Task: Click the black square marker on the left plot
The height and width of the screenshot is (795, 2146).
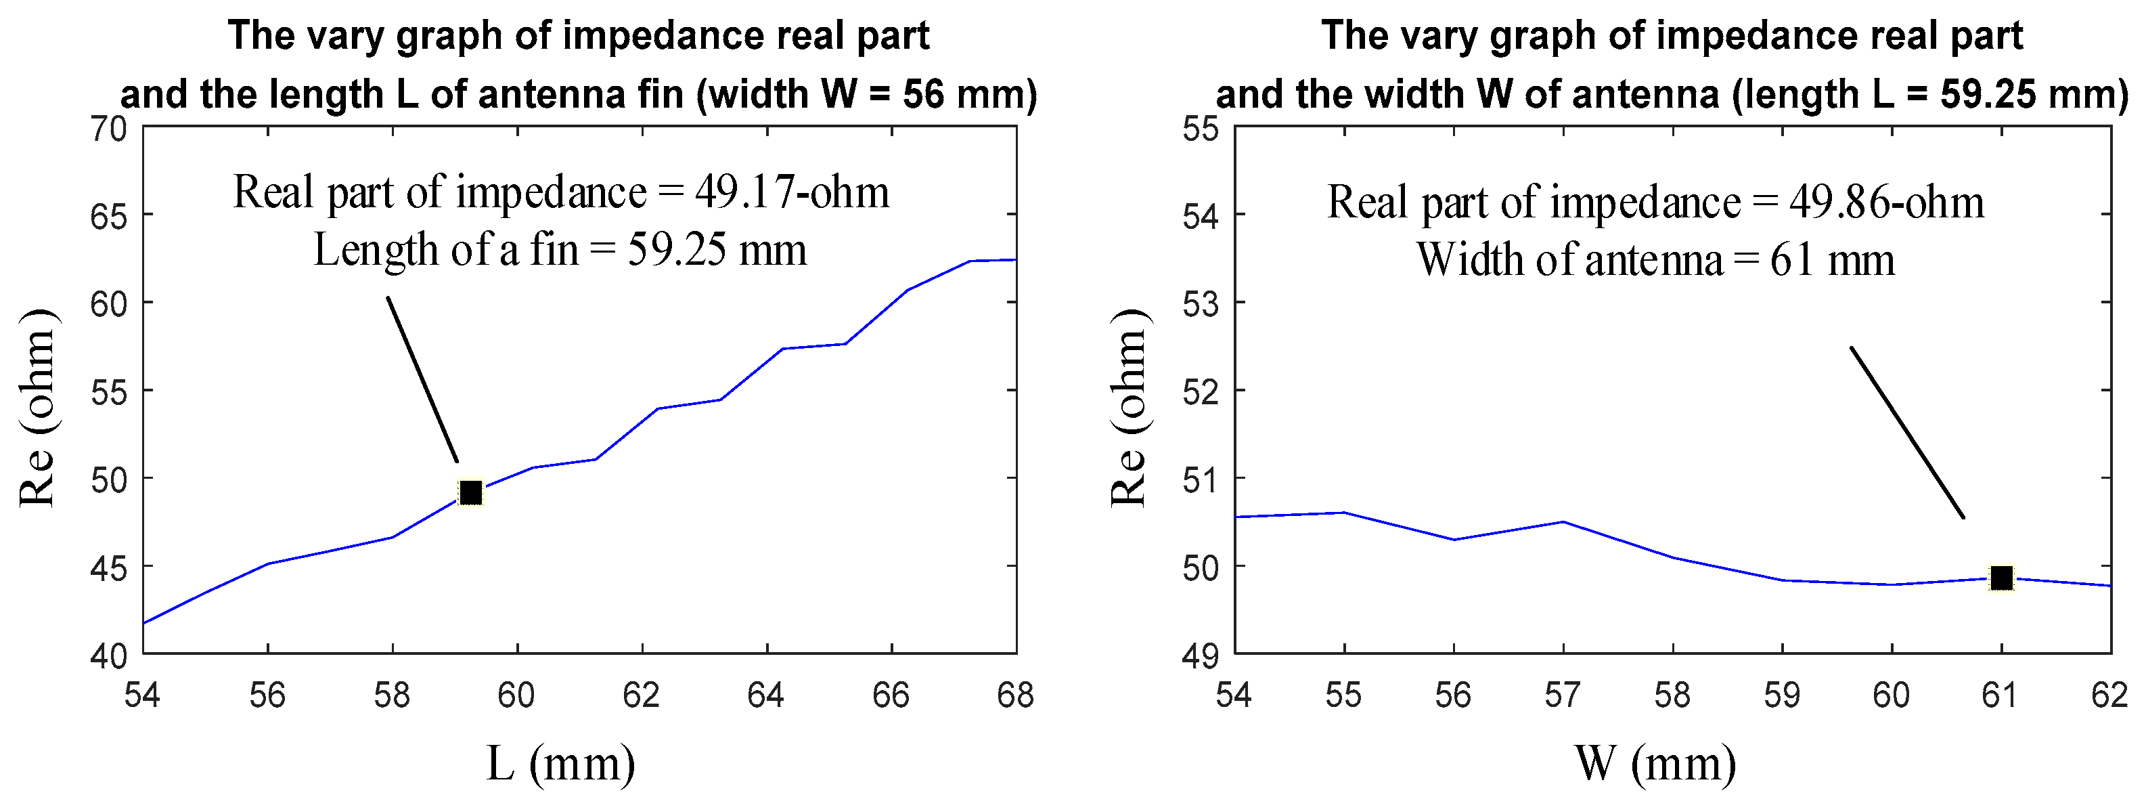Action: coord(471,494)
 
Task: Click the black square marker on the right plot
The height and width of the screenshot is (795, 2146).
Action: coord(2001,578)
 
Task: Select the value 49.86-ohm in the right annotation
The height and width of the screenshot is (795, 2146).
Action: coord(1887,202)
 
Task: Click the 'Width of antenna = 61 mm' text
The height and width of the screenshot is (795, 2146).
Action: coord(1655,260)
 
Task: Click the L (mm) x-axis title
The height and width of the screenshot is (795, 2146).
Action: coord(560,762)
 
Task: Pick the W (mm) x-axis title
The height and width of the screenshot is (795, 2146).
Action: coord(1655,762)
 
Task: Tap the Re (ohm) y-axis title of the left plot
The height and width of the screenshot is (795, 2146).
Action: coord(37,408)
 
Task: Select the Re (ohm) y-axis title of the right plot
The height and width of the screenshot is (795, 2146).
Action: coord(1129,408)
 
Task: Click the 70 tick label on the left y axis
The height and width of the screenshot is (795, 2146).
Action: coord(108,130)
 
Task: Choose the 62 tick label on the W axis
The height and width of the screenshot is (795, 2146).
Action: coord(2109,695)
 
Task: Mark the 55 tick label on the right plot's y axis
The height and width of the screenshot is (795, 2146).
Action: coord(1201,130)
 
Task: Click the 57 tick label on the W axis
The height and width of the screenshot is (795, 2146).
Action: coord(1562,695)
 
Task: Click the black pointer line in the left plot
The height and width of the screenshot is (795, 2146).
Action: coord(422,379)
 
